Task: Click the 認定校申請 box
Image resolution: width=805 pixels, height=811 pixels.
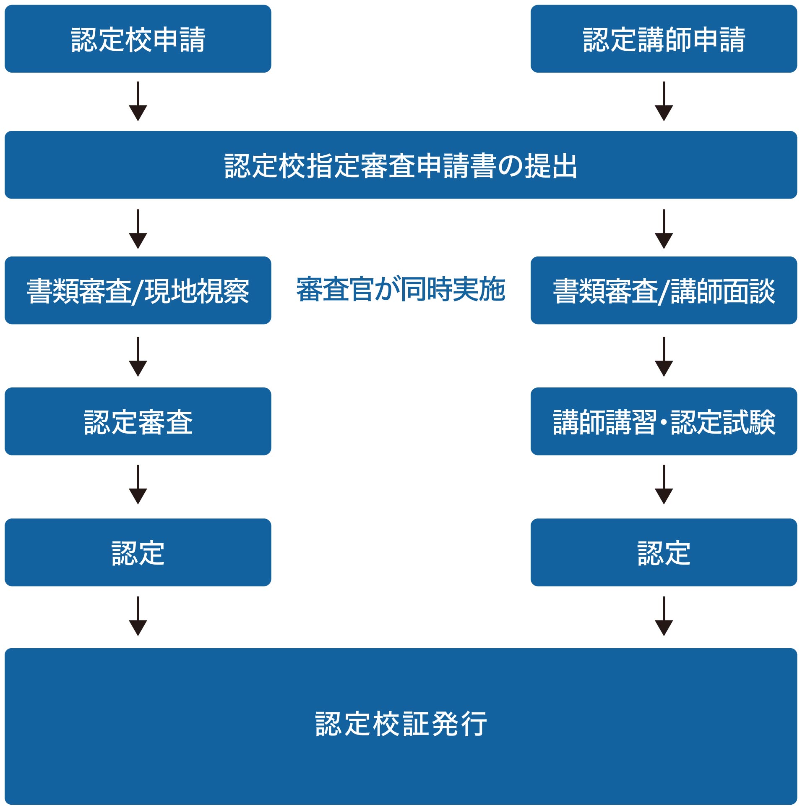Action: [x=138, y=39]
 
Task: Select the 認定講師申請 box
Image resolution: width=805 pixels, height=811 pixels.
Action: [x=663, y=39]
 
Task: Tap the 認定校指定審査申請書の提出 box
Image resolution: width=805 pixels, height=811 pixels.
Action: [x=400, y=165]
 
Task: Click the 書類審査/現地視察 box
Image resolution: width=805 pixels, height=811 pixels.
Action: [x=138, y=290]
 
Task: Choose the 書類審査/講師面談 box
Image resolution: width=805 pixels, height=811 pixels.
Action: [x=663, y=290]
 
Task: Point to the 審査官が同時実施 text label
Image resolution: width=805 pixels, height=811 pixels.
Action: [x=400, y=289]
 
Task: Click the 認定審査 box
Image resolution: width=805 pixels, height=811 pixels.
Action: [x=138, y=421]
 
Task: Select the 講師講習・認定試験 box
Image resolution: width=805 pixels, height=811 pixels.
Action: [x=663, y=421]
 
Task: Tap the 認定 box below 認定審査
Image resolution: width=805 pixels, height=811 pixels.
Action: [x=138, y=552]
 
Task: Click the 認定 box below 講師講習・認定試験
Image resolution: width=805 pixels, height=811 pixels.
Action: [x=663, y=552]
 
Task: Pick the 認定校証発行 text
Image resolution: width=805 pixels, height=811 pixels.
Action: [x=400, y=724]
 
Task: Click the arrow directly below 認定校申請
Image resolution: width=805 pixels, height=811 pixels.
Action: [x=138, y=102]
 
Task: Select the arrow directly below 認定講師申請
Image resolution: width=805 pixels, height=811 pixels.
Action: [x=663, y=102]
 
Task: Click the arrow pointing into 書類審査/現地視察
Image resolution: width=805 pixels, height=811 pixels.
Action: [x=138, y=230]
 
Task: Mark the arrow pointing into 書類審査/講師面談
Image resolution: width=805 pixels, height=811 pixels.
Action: [x=663, y=230]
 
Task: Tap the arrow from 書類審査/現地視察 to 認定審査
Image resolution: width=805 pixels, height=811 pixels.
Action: [x=138, y=357]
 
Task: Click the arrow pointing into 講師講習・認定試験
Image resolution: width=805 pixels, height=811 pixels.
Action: [x=663, y=357]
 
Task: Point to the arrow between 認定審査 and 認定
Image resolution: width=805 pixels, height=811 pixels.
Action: [x=138, y=485]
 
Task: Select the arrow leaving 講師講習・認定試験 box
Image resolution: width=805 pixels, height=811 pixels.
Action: [x=663, y=485]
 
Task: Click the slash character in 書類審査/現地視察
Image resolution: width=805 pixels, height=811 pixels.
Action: [x=138, y=291]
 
